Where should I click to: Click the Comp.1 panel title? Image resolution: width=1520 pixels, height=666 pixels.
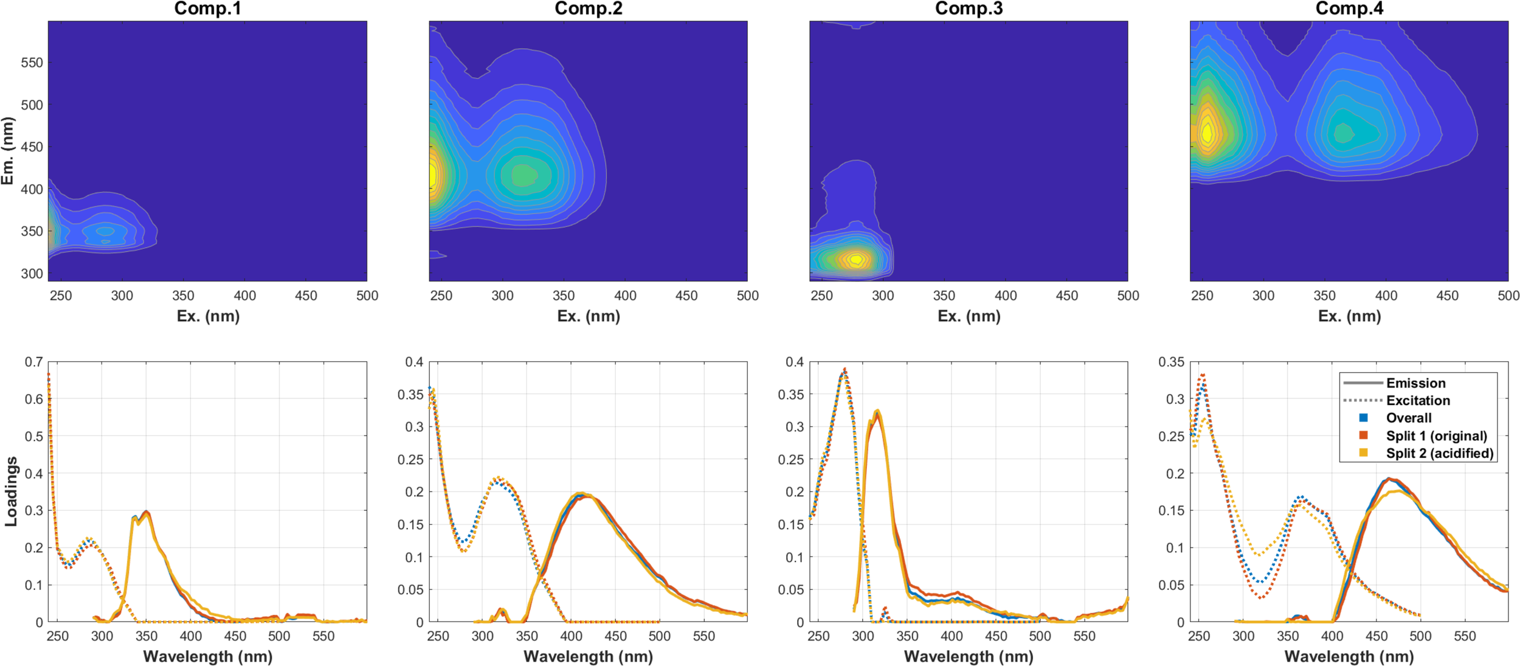[207, 9]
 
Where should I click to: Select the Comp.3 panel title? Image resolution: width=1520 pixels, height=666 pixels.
[969, 9]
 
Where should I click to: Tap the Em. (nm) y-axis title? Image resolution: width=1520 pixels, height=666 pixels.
[7, 151]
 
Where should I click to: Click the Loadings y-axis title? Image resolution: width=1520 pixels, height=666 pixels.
[10, 491]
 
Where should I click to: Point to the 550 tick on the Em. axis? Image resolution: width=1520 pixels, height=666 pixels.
[32, 63]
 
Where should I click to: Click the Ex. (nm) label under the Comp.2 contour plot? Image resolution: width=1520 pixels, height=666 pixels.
[588, 316]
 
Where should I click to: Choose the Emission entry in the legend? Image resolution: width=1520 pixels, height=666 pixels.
[1415, 383]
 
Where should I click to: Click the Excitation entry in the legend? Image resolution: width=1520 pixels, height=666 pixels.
[1418, 401]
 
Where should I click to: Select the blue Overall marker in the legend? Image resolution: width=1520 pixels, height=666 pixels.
[1364, 418]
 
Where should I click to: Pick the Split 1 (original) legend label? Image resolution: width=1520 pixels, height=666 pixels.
[1436, 436]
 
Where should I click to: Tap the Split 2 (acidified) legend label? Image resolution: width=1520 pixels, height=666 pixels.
[1439, 453]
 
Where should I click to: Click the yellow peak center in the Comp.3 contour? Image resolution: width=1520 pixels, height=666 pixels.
[856, 260]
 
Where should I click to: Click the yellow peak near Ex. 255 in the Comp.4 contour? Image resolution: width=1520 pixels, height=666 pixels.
[1207, 133]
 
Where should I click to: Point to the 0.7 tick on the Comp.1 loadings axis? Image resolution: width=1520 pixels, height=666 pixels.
[33, 362]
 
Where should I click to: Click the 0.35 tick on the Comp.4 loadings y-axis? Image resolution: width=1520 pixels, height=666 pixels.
[1171, 362]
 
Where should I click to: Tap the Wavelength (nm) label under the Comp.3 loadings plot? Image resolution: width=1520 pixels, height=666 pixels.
[969, 657]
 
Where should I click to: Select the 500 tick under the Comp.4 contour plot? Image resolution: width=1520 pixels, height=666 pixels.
[1508, 296]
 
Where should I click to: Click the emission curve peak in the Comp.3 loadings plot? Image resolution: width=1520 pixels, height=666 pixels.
[877, 412]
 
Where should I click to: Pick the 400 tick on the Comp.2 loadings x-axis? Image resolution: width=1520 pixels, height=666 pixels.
[571, 636]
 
